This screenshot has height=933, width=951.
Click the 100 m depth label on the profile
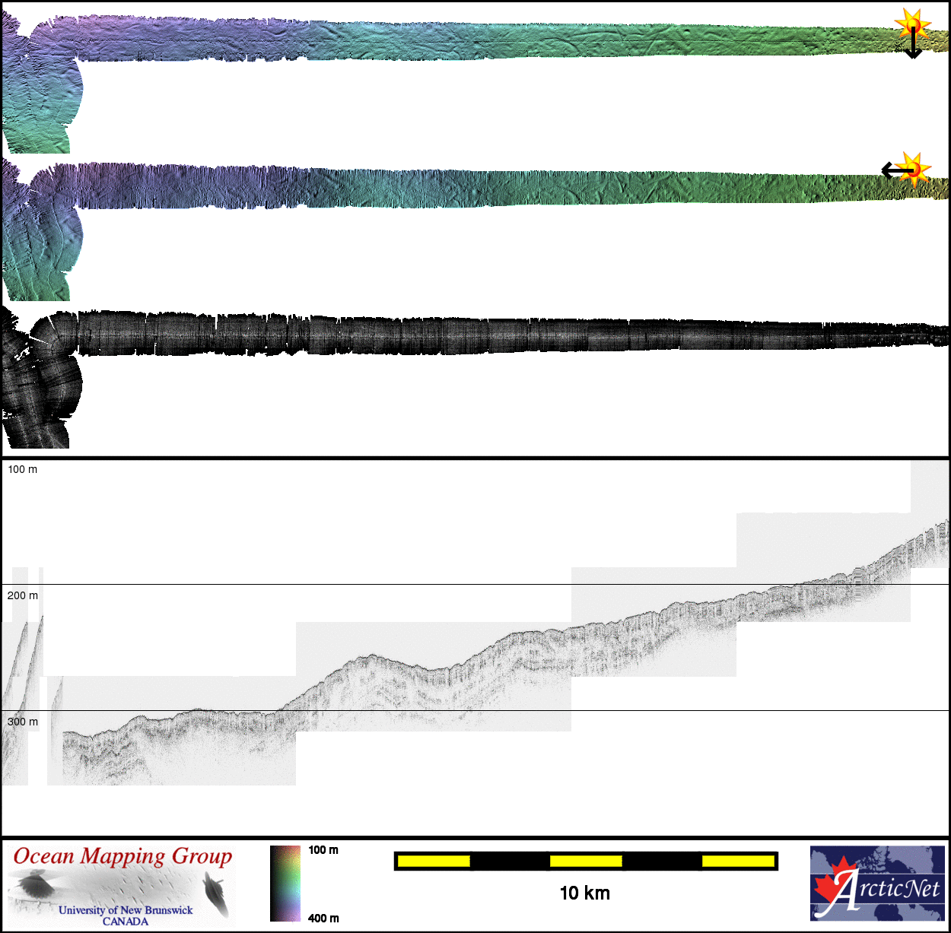[x=22, y=469]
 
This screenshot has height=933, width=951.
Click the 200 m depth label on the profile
[x=22, y=595]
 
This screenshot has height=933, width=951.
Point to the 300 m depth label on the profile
[x=22, y=722]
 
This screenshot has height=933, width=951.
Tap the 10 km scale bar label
[x=585, y=893]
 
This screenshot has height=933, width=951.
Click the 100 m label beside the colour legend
[x=323, y=849]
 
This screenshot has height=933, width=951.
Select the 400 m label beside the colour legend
[x=323, y=919]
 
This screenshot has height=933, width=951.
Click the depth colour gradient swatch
[x=285, y=883]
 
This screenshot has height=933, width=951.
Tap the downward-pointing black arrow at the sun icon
[x=914, y=43]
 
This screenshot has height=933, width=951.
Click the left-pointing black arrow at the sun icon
[x=897, y=171]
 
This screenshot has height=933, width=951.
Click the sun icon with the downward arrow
[x=912, y=24]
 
